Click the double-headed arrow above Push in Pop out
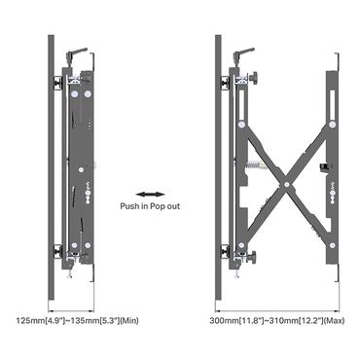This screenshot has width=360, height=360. (x=150, y=195)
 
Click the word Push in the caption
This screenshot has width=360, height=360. (x=129, y=206)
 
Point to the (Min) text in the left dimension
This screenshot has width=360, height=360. (x=129, y=321)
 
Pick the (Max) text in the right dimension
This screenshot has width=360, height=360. (x=334, y=321)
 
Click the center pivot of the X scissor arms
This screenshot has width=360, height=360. (x=286, y=184)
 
